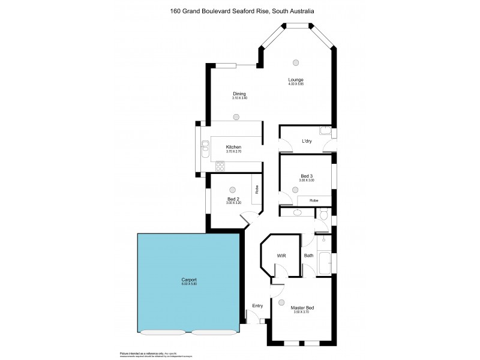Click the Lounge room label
[x=295, y=80]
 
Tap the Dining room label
[x=239, y=94]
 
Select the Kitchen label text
[x=233, y=147]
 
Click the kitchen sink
[x=205, y=145]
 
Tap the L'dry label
[x=306, y=141]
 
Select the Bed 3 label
[x=307, y=176]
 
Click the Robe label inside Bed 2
[x=257, y=191]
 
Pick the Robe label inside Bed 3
[x=313, y=200]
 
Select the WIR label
[x=281, y=256]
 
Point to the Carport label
[x=189, y=280]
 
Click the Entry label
[x=257, y=306]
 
